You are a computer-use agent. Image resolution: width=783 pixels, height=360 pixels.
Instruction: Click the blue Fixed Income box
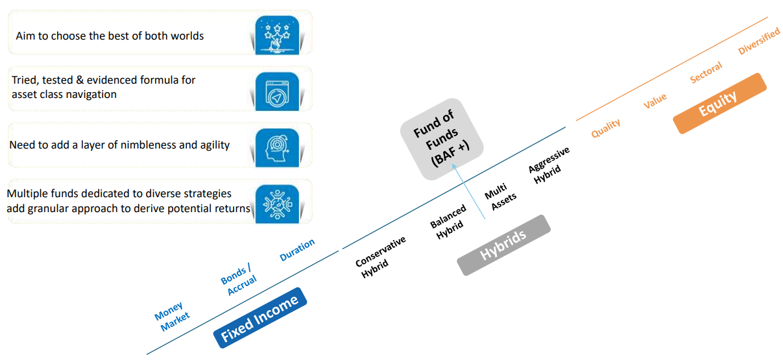pyautogui.click(x=259, y=317)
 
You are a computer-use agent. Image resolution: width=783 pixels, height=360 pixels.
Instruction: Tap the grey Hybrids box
pyautogui.click(x=503, y=245)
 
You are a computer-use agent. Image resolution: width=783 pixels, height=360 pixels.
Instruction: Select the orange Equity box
pyautogui.click(x=719, y=103)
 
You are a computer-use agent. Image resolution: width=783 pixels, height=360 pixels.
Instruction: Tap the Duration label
pyautogui.click(x=297, y=250)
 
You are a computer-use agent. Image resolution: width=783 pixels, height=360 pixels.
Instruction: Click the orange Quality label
pyautogui.click(x=605, y=128)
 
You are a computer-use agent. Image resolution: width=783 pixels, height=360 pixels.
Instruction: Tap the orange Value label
pyautogui.click(x=655, y=101)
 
